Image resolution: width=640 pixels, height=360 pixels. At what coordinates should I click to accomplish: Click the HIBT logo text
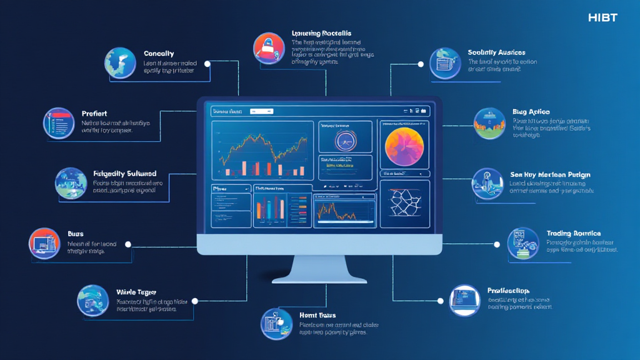pos(602,17)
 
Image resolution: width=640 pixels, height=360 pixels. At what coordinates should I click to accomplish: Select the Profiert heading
pos(94,114)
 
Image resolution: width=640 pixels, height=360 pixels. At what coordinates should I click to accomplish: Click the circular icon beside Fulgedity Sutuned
pos(71,183)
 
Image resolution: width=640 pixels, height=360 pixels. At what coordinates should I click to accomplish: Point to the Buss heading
pos(76,234)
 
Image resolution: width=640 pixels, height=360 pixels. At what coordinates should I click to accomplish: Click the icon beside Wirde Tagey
pos(93,300)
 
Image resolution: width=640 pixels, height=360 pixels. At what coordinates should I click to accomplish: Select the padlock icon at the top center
pos(269,49)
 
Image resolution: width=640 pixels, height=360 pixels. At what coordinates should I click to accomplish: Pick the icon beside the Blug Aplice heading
pos(489,123)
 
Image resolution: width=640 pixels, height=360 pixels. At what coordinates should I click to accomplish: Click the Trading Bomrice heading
pos(573,233)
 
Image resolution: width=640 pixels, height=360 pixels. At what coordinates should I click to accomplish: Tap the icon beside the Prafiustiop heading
pos(465,300)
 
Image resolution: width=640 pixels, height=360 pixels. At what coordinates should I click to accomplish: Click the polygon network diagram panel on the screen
pos(404,203)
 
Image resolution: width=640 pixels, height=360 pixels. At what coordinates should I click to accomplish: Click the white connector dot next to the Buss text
pos(129,245)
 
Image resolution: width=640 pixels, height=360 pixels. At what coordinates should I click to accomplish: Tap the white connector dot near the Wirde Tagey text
pos(194,301)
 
